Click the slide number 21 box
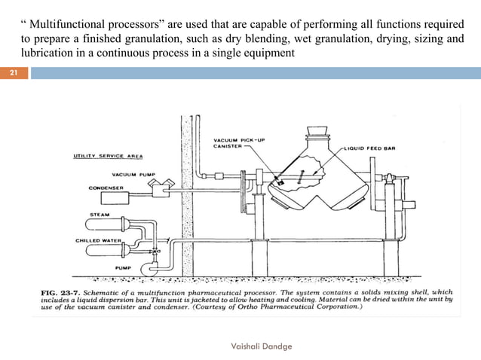point(14,73)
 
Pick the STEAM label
point(99,214)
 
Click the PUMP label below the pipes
point(124,266)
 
